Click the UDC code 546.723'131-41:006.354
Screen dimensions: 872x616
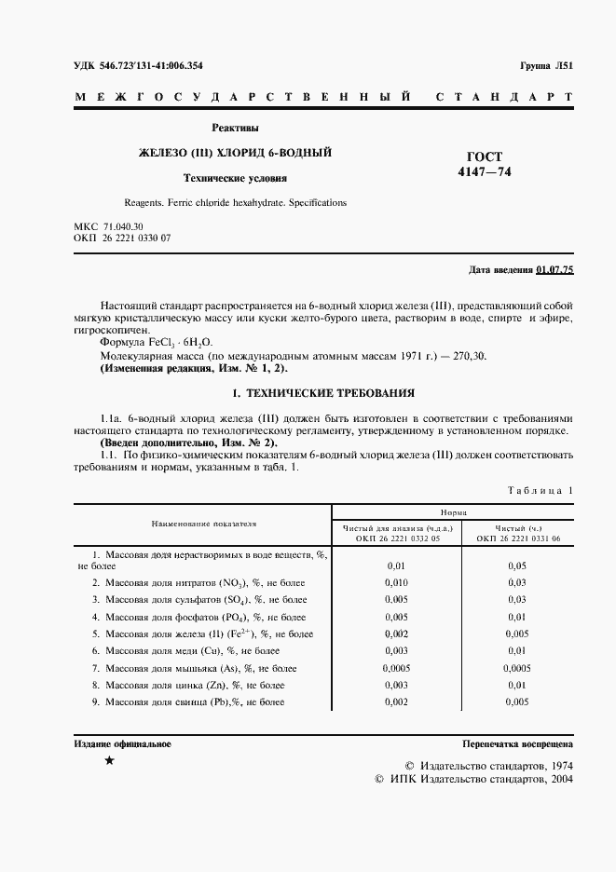coord(138,65)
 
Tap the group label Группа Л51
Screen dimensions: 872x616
coord(546,65)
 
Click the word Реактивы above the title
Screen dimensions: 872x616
coord(235,128)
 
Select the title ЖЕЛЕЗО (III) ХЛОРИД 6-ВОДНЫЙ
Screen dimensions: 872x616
coord(235,152)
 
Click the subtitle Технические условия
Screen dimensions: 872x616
coord(235,177)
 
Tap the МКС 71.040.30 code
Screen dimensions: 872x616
coord(108,226)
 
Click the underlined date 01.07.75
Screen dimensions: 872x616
coord(555,270)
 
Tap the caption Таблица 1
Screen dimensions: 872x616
coord(541,490)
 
